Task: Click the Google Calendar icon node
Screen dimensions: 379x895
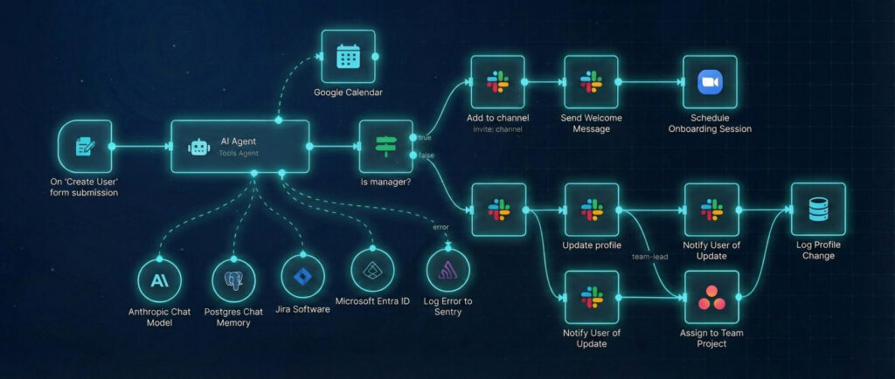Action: click(x=348, y=57)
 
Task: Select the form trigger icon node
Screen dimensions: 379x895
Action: click(x=85, y=147)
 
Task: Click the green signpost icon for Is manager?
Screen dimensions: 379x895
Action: click(x=385, y=147)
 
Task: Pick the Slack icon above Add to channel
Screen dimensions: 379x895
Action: click(x=497, y=83)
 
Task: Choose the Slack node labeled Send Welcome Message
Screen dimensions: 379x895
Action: click(x=591, y=83)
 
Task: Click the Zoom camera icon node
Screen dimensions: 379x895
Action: click(x=709, y=83)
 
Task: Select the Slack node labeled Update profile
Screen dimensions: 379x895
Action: click(x=591, y=210)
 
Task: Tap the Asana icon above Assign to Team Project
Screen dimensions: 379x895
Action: click(x=711, y=298)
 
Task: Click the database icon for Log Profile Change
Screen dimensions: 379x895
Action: click(x=818, y=210)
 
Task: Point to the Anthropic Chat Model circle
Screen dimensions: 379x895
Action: click(x=160, y=281)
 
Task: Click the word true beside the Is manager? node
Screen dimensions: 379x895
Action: click(x=425, y=138)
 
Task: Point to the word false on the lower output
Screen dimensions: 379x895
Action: click(x=427, y=155)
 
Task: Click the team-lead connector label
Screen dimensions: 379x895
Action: click(x=649, y=256)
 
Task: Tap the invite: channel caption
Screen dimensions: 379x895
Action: click(x=497, y=129)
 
